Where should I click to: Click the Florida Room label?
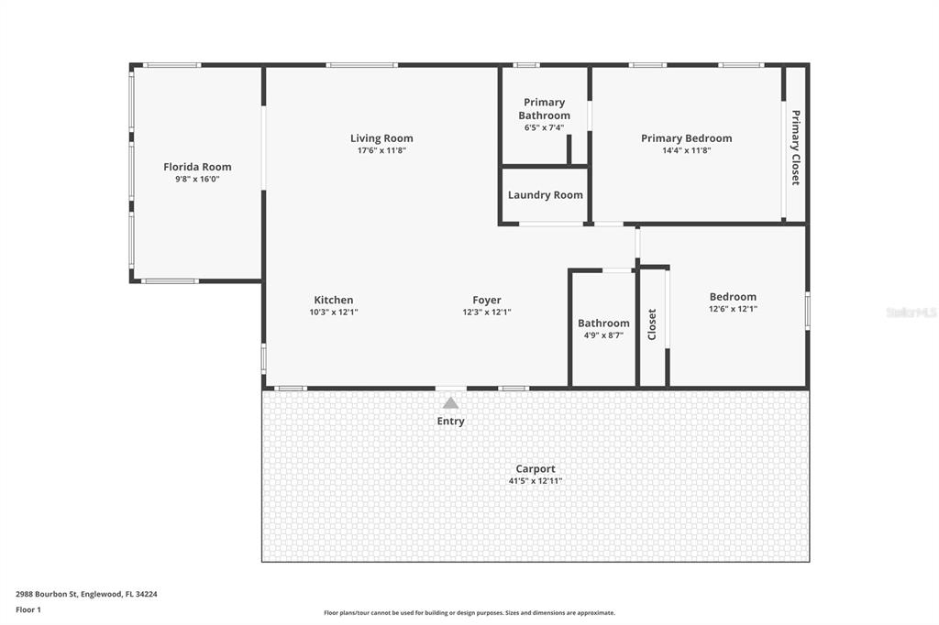(x=197, y=167)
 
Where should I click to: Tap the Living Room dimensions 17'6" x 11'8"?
(x=381, y=150)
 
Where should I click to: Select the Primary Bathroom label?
(x=544, y=108)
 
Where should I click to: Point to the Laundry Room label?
(x=545, y=195)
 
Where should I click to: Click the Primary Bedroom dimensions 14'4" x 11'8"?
(x=686, y=150)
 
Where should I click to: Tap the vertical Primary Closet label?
(x=795, y=148)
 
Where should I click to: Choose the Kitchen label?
(x=333, y=300)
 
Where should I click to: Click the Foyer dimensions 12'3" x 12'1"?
(x=486, y=312)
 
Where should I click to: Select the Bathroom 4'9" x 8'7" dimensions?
(x=603, y=335)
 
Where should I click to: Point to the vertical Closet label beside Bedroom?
(x=652, y=324)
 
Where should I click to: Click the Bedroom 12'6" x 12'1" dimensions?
(x=733, y=309)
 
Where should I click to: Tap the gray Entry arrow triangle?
(x=450, y=402)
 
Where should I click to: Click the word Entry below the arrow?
(x=450, y=422)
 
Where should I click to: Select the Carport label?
(x=536, y=469)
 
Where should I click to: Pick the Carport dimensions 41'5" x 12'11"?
(x=536, y=481)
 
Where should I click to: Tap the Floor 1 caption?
(x=28, y=609)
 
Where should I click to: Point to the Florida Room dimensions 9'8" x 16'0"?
(x=197, y=180)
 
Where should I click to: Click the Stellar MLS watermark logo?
(x=911, y=312)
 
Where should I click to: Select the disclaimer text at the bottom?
(x=469, y=613)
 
